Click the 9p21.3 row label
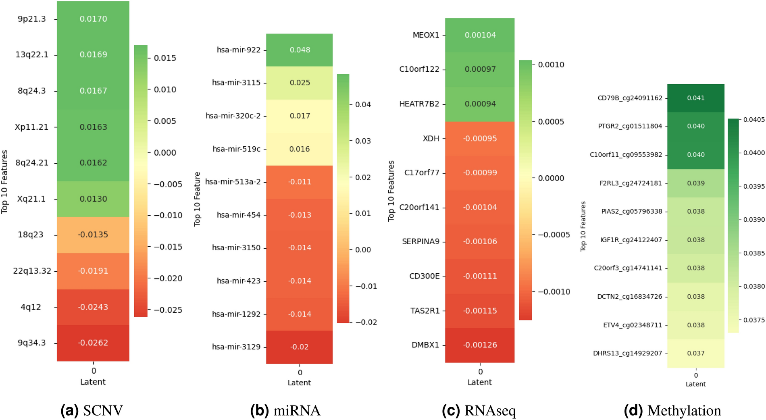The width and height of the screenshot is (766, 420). (x=32, y=19)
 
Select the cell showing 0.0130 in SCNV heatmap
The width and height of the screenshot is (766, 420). (x=93, y=199)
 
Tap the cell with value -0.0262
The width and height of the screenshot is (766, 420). (x=93, y=343)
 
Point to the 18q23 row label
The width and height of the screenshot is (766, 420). (x=31, y=235)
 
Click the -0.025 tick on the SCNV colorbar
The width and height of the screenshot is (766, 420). (x=168, y=310)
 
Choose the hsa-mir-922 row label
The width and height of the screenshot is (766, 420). (x=239, y=50)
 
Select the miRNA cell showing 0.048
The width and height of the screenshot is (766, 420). (x=300, y=50)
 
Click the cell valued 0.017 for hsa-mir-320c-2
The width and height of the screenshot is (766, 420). (x=300, y=116)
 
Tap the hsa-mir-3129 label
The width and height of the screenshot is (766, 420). (x=236, y=347)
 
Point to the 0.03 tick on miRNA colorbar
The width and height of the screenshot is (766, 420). (x=363, y=141)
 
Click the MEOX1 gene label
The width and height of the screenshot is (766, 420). (x=426, y=35)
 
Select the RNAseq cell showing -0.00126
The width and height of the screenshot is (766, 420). (x=480, y=345)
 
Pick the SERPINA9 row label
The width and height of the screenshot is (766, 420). (x=420, y=241)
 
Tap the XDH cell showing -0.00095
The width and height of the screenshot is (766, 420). (x=480, y=139)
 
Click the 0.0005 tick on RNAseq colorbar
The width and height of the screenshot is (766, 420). (x=551, y=122)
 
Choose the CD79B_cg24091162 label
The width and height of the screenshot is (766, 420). (x=630, y=98)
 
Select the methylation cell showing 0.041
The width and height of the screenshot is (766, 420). (x=696, y=98)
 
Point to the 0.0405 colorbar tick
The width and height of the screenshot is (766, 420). (x=754, y=120)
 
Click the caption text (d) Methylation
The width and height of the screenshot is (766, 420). (x=672, y=411)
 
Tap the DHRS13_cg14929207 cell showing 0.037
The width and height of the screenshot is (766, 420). (x=696, y=353)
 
